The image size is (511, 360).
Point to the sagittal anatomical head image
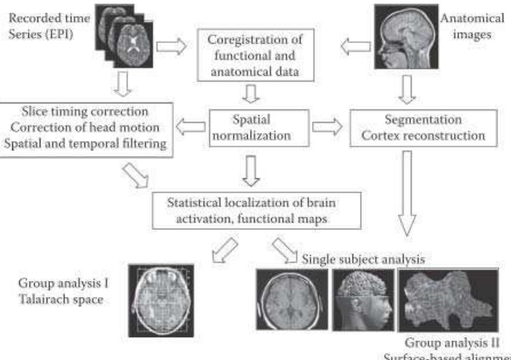(x=405, y=36)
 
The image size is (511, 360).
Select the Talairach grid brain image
(x=161, y=300)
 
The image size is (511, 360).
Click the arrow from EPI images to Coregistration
(x=171, y=46)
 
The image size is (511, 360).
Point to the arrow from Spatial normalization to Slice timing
(x=191, y=128)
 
